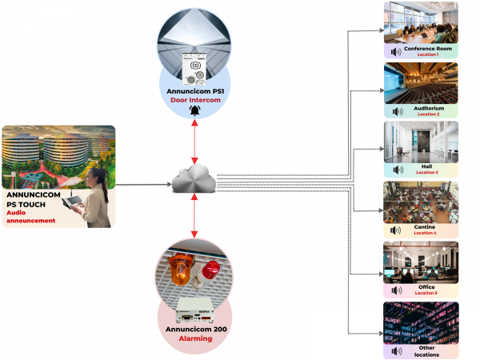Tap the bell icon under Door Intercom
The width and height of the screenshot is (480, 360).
point(194,111)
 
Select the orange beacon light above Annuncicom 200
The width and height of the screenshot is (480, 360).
point(180,269)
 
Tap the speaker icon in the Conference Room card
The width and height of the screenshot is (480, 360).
point(395,52)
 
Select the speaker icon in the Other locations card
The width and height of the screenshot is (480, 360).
point(395,350)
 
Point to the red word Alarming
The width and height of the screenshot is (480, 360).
point(194,338)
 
